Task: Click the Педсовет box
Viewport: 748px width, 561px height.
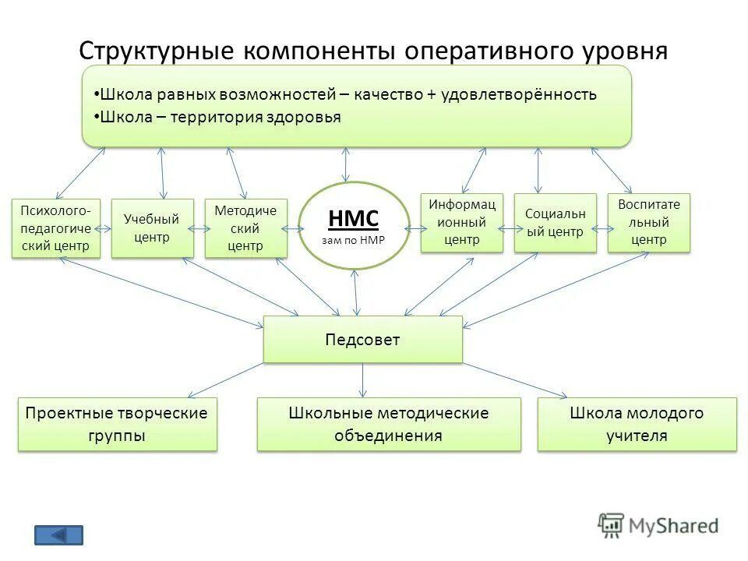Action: point(362,340)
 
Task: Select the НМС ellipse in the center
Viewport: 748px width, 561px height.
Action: point(354,226)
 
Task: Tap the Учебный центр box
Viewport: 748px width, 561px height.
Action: point(152,228)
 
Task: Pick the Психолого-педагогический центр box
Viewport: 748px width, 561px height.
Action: point(55,228)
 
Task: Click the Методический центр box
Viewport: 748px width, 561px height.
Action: point(245,228)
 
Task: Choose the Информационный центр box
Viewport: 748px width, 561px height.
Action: point(461,223)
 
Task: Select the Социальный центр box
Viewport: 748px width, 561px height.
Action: point(555,223)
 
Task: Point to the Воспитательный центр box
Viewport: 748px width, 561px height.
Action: point(648,223)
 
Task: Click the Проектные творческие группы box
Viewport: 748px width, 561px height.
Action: point(117,425)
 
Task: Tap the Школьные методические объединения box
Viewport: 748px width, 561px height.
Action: point(389,425)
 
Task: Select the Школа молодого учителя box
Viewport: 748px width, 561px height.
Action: point(637,425)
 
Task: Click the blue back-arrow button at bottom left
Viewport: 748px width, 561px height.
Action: point(58,535)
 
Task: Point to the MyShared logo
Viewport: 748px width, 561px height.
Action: point(658,526)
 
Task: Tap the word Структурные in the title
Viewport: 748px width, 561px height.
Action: point(158,51)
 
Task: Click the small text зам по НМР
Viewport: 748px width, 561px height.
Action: point(354,240)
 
